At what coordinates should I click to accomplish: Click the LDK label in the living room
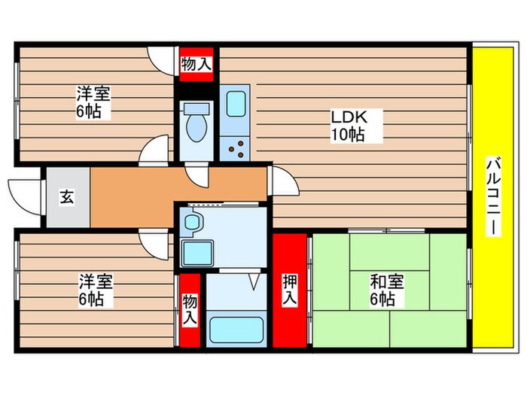pyautogui.click(x=347, y=117)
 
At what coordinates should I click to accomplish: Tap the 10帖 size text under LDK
pyautogui.click(x=347, y=135)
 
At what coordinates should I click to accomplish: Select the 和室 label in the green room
pyautogui.click(x=386, y=283)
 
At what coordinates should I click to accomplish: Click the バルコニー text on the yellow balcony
pyautogui.click(x=493, y=195)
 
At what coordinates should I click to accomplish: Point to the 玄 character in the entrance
pyautogui.click(x=67, y=198)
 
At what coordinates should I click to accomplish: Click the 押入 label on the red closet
pyautogui.click(x=290, y=290)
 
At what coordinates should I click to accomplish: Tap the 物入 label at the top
pyautogui.click(x=196, y=65)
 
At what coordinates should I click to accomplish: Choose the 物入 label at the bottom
pyautogui.click(x=190, y=309)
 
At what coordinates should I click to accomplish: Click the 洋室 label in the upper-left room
pyautogui.click(x=93, y=96)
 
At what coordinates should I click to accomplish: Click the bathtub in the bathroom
pyautogui.click(x=235, y=330)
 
